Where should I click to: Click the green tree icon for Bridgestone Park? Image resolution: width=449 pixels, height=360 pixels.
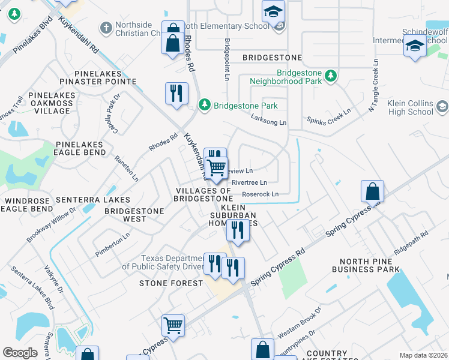pyautogui.click(x=205, y=105)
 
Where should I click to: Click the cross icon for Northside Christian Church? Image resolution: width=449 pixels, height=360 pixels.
pyautogui.click(x=106, y=28)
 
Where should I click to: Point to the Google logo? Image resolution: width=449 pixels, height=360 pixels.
pyautogui.click(x=20, y=353)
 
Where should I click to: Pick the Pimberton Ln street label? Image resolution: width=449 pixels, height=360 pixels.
pyautogui.click(x=112, y=246)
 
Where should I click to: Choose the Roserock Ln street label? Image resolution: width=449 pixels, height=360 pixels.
pyautogui.click(x=260, y=194)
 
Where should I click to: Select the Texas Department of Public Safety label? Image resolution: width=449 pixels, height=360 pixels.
pyautogui.click(x=162, y=262)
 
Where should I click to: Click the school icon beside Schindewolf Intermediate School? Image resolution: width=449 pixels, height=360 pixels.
pyautogui.click(x=415, y=46)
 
